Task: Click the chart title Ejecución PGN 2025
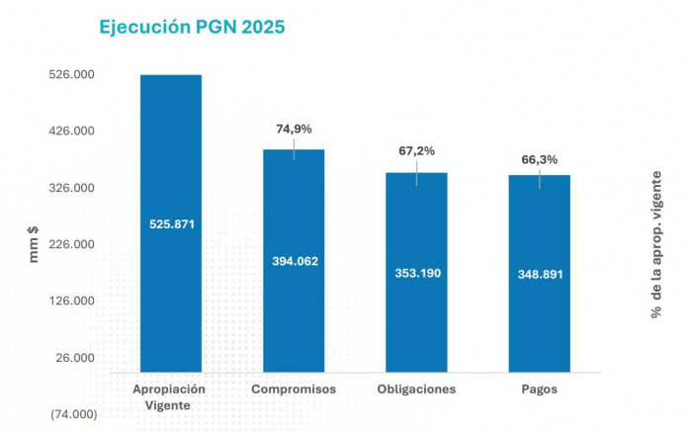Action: [x=192, y=27]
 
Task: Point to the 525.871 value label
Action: [x=171, y=224]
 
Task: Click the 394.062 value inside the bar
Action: [x=294, y=261]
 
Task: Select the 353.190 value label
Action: [x=416, y=272]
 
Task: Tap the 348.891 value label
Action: [x=539, y=274]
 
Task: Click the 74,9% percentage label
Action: [x=294, y=129]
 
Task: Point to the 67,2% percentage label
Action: [x=416, y=151]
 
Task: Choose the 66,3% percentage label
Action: [x=539, y=159]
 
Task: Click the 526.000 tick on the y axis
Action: [x=72, y=75]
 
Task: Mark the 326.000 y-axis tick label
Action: [x=72, y=188]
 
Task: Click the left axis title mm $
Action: [x=34, y=244]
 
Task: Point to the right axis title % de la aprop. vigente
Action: [x=656, y=243]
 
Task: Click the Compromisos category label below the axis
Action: [x=294, y=390]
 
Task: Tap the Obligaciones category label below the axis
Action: [x=416, y=390]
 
